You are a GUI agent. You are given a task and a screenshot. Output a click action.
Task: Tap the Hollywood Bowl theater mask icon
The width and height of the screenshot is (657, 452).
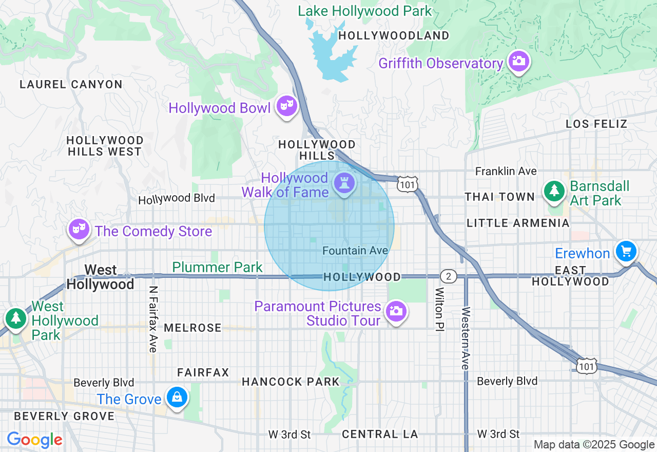click(x=286, y=106)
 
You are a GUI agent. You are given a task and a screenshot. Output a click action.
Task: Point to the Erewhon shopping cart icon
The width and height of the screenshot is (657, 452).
click(x=626, y=252)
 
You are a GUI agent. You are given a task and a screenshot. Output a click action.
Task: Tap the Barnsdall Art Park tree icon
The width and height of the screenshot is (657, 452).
click(x=554, y=191)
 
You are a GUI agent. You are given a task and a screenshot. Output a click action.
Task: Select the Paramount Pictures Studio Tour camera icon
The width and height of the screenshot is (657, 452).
click(x=395, y=311)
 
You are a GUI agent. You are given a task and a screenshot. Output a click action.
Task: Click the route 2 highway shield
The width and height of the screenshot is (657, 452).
click(x=449, y=277)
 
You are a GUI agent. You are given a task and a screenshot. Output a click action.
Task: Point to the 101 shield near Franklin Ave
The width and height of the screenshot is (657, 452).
click(x=407, y=184)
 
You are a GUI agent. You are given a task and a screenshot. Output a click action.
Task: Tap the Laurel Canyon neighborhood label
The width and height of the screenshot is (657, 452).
click(x=71, y=85)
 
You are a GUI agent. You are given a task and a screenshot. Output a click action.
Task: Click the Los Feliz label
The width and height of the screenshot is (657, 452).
click(x=596, y=124)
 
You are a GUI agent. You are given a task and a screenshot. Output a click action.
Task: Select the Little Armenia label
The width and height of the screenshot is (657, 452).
click(x=518, y=223)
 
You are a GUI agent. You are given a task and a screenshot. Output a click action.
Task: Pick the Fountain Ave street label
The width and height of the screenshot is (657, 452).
click(x=355, y=251)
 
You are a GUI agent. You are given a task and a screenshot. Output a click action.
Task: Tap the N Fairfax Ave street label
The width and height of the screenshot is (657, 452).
click(x=152, y=319)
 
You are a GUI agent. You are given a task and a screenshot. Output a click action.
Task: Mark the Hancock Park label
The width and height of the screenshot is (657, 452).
click(x=291, y=382)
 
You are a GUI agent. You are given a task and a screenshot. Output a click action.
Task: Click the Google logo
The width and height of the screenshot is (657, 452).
click(x=35, y=440)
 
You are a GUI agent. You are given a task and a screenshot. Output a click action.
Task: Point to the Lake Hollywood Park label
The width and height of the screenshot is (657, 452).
click(x=365, y=11)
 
